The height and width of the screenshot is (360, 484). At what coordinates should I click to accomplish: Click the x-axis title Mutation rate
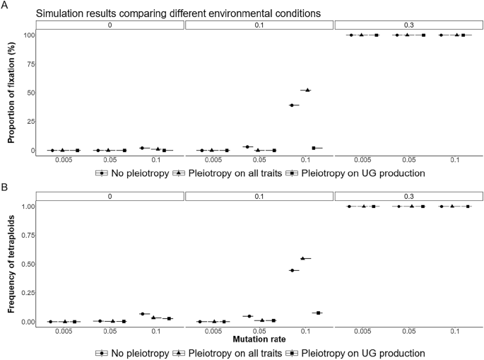(x=259, y=339)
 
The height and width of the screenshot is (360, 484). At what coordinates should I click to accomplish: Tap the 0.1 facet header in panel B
(x=259, y=196)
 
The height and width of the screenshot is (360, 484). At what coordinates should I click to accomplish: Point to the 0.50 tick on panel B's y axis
(x=27, y=265)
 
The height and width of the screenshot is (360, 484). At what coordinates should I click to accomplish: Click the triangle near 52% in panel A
(x=306, y=90)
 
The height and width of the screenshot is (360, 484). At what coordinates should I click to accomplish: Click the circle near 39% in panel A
(x=291, y=105)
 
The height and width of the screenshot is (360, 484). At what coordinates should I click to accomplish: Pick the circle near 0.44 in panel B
(x=291, y=270)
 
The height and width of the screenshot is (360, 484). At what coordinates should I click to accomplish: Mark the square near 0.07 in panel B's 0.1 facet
(x=318, y=313)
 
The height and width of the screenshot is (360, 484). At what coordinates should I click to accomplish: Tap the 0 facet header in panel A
(x=110, y=25)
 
